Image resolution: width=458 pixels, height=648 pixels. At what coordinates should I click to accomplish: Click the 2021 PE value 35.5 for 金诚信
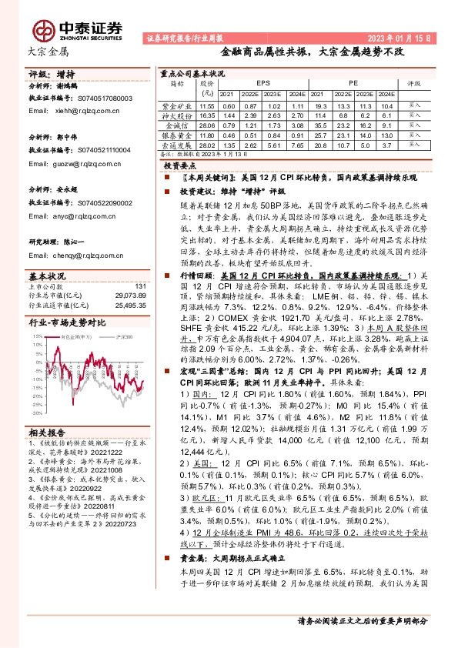coord(321,123)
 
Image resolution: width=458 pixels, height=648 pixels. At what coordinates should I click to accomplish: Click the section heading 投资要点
coord(182,165)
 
